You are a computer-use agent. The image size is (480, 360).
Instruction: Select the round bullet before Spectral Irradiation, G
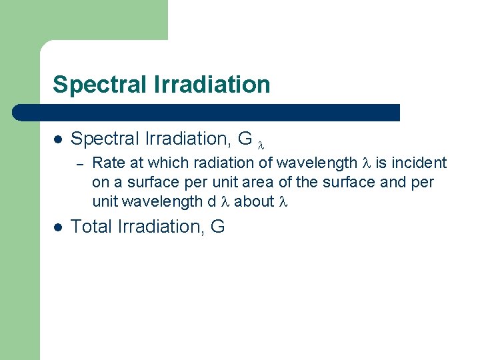pos(58,139)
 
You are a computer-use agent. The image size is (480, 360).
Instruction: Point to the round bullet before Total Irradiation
pos(58,227)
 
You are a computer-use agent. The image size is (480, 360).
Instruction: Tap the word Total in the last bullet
pos(91,227)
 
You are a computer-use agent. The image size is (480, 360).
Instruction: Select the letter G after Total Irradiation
pos(217,227)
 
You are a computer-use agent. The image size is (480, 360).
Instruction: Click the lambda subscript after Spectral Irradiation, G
pos(261,143)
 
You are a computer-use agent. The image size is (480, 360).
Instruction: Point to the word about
pos(254,201)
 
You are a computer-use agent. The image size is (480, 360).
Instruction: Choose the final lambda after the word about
pos(283,201)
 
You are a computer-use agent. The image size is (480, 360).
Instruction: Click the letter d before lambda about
pos(211,201)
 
